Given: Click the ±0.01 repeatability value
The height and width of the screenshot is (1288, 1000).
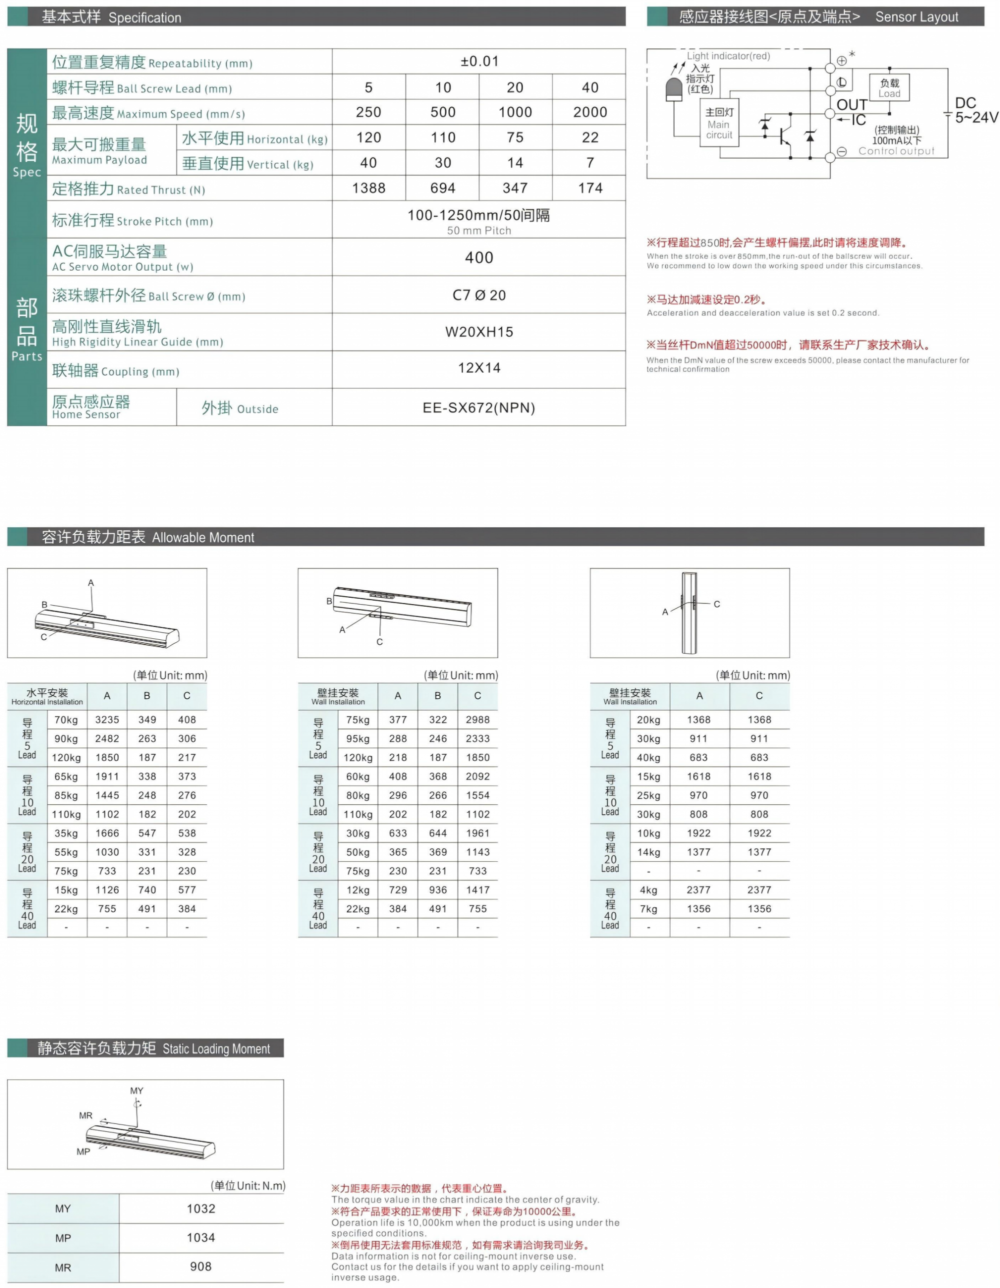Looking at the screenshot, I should tap(479, 62).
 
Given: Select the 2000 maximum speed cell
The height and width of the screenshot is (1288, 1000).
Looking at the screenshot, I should tap(589, 112).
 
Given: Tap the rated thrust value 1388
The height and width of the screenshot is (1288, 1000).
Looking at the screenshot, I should tap(368, 188).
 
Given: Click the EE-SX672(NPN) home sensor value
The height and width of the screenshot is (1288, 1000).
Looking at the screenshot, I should tap(479, 408).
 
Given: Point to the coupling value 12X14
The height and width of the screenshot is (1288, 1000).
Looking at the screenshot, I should tap(479, 368).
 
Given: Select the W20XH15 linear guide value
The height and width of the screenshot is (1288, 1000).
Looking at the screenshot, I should tap(479, 332).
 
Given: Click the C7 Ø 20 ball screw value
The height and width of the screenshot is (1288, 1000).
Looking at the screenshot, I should tap(479, 295).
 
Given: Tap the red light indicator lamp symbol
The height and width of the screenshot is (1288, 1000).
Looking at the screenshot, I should tap(673, 90).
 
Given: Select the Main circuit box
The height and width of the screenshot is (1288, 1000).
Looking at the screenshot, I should tap(719, 123).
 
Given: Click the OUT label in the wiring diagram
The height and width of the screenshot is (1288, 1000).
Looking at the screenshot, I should tap(851, 105).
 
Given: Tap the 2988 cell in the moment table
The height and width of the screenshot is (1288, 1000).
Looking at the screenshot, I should tap(477, 719).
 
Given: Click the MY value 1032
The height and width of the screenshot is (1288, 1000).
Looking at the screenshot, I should tap(201, 1208).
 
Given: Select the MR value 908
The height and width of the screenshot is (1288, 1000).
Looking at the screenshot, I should tap(201, 1266).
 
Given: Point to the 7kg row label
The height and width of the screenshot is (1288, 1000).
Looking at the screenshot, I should tap(648, 909).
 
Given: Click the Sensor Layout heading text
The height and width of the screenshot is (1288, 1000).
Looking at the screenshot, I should tap(916, 17).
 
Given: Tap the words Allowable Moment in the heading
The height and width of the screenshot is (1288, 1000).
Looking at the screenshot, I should tap(203, 537).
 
